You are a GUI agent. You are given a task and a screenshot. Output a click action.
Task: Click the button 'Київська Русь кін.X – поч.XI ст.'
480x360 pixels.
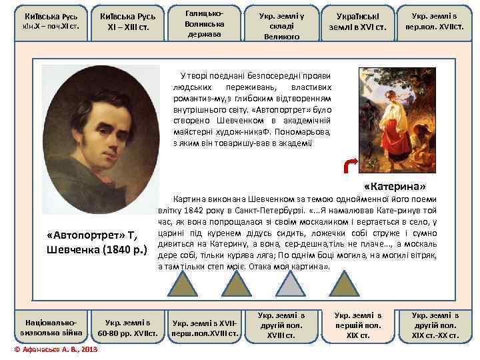(44, 22)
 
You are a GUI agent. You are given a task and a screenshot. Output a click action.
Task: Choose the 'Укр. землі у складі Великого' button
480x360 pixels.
(281, 22)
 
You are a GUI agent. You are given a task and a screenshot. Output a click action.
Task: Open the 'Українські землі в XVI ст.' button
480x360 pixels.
(359, 22)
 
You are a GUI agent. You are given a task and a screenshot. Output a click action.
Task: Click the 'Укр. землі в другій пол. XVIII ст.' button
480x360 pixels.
(281, 325)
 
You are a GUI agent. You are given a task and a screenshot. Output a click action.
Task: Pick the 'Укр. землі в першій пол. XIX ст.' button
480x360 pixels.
(358, 325)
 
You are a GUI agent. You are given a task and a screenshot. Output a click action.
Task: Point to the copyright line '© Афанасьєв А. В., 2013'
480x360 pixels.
(55, 350)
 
